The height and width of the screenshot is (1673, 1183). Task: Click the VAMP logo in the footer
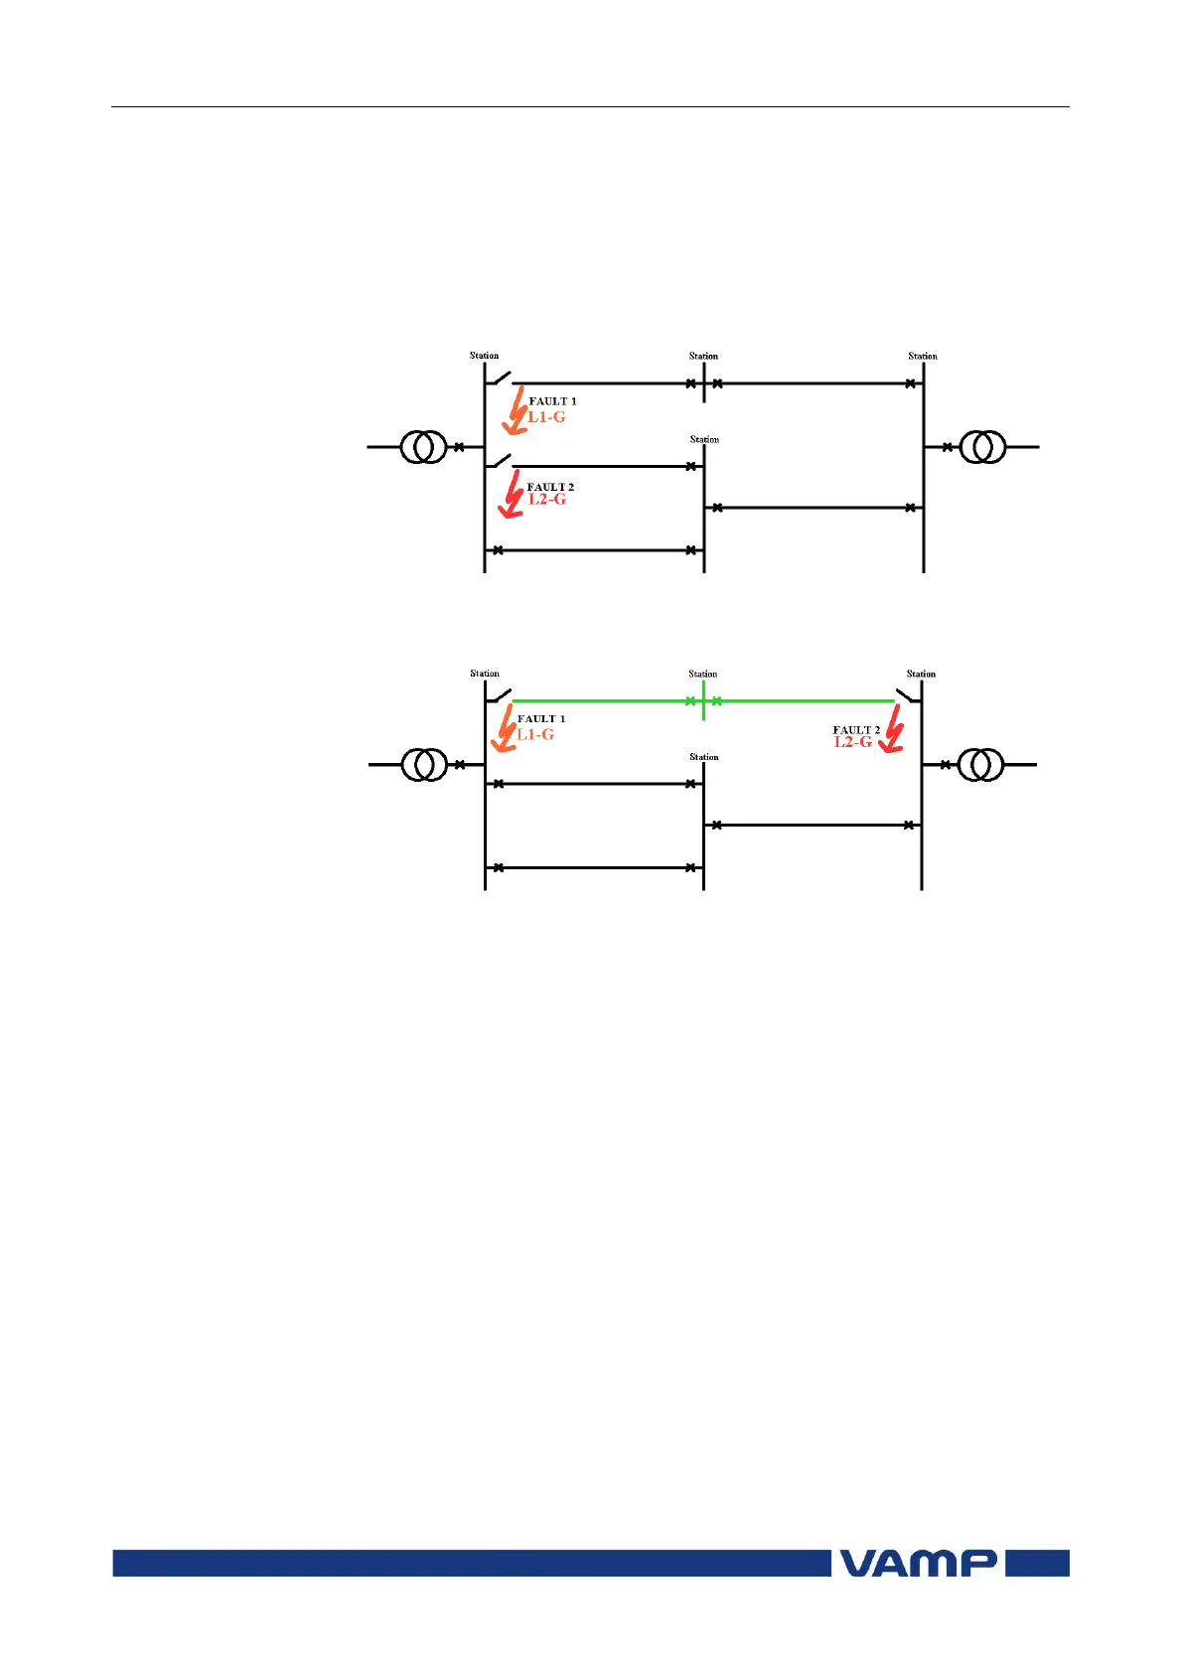click(919, 1563)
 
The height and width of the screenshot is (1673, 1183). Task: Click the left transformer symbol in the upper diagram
click(424, 447)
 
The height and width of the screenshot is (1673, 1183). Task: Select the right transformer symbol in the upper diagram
click(982, 447)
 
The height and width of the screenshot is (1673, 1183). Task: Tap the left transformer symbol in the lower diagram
click(425, 765)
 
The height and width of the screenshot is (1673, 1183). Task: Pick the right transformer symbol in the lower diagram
click(980, 765)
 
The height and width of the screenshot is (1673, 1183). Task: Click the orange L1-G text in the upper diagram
click(546, 417)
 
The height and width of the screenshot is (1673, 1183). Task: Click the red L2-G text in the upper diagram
click(547, 499)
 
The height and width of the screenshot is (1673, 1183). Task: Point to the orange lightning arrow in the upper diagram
click(515, 411)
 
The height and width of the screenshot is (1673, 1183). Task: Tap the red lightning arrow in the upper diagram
click(512, 494)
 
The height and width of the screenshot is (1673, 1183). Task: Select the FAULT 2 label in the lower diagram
click(856, 730)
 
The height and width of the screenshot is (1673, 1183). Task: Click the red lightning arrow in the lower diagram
click(892, 729)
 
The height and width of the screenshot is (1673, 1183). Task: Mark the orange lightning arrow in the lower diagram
click(504, 728)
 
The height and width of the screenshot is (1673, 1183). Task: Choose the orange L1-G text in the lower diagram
click(535, 734)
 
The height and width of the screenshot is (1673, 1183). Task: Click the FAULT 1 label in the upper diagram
click(552, 401)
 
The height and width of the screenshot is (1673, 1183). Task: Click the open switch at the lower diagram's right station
click(907, 695)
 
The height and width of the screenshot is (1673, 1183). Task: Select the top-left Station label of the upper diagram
click(484, 356)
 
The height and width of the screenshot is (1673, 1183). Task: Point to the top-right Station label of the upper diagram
click(923, 356)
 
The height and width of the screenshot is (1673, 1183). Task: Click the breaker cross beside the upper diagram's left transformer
click(459, 447)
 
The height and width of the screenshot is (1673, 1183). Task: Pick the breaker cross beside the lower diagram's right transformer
click(946, 765)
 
